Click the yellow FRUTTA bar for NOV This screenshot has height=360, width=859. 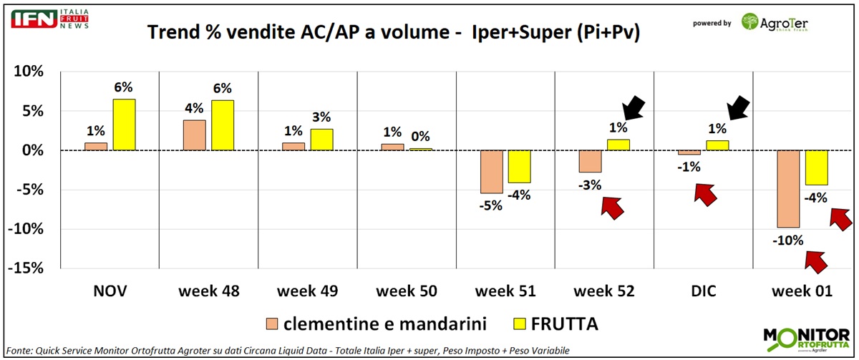[124, 125]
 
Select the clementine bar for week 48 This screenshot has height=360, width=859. [195, 135]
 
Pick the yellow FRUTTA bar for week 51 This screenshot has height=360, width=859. [519, 167]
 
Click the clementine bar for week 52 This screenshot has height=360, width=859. [591, 162]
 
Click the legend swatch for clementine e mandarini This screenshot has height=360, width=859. [273, 323]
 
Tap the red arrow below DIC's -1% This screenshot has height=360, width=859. [706, 194]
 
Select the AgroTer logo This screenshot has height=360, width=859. [777, 22]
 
